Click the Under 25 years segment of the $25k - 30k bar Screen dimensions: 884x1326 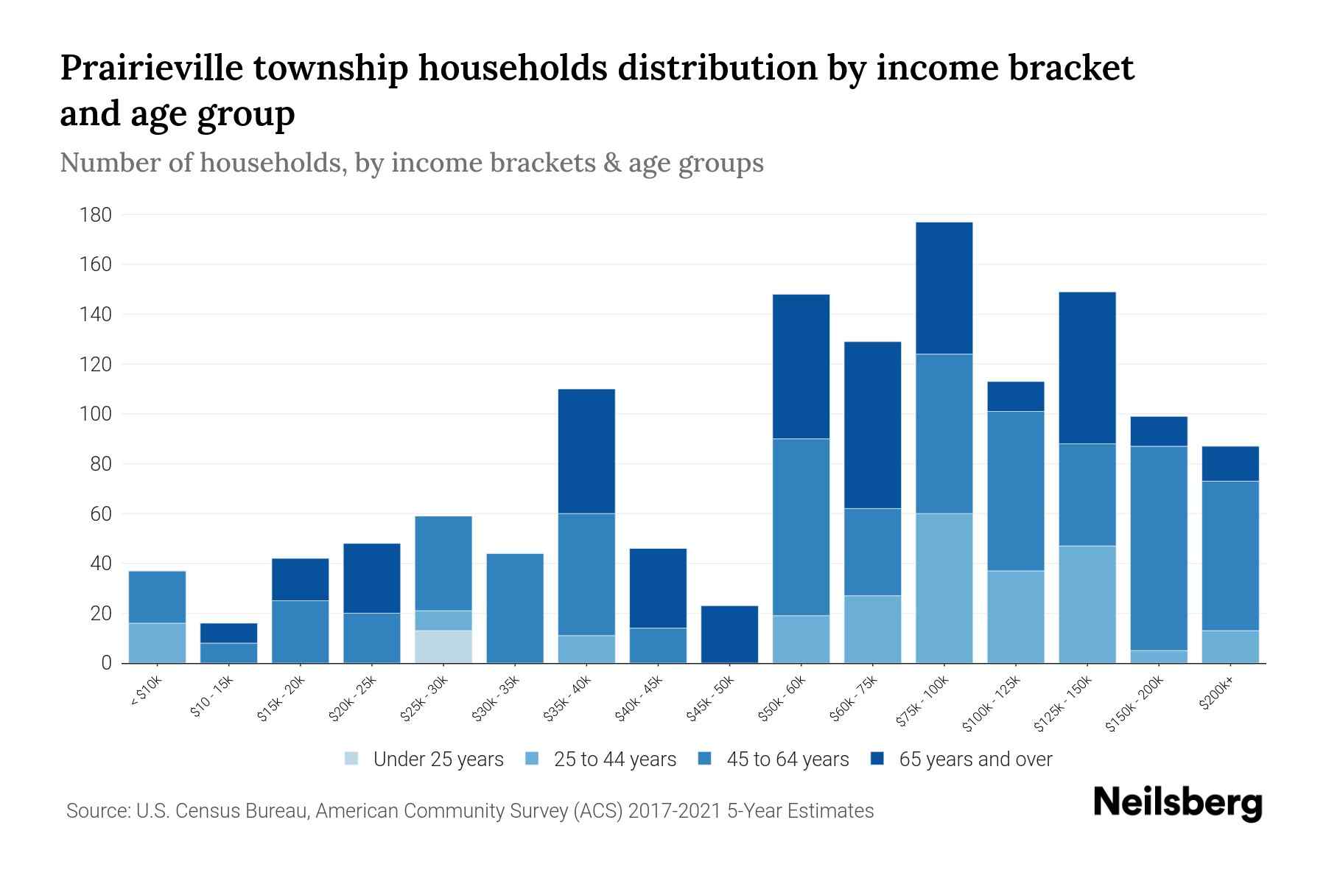[443, 647]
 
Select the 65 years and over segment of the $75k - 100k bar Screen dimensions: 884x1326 [944, 288]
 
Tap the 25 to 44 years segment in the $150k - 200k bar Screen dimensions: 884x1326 [1159, 656]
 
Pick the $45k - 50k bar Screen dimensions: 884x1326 [729, 634]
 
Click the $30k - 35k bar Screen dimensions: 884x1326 [515, 608]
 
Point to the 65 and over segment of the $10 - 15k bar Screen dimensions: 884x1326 [228, 633]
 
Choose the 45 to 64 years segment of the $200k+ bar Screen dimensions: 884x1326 [1230, 555]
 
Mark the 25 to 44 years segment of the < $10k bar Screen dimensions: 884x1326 [157, 643]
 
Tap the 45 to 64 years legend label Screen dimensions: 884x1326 [787, 760]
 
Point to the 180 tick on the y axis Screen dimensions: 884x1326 [96, 215]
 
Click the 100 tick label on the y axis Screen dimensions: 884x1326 [96, 414]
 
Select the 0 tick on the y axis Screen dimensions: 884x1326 [106, 663]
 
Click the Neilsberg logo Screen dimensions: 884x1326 [1177, 803]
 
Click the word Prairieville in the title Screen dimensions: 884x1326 [151, 68]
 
